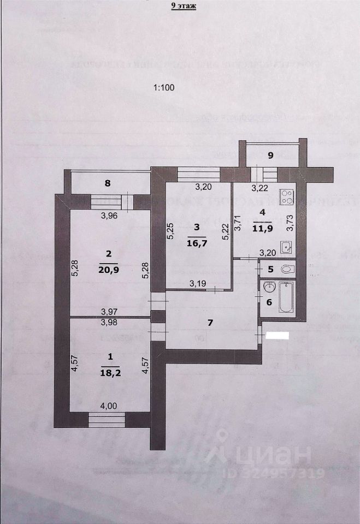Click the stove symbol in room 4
287,198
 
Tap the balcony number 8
108,184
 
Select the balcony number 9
270,156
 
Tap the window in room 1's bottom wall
107,420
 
